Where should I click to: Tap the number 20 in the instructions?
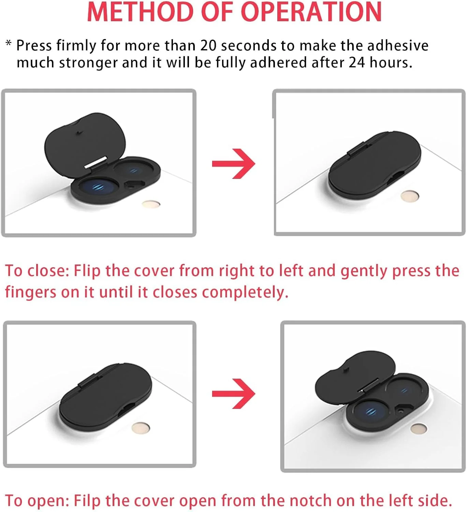tap(208, 46)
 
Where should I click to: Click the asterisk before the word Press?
tap(9, 43)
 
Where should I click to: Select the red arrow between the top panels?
tap(233, 163)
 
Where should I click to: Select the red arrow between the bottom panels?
tap(233, 394)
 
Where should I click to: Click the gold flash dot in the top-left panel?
tap(151, 204)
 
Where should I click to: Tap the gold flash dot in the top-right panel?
tap(410, 196)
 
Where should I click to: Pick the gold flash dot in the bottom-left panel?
tap(141, 427)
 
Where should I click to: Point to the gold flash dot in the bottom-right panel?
tap(419, 428)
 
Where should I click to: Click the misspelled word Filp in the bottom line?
tap(87, 501)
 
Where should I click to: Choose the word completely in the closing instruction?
tap(245, 292)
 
